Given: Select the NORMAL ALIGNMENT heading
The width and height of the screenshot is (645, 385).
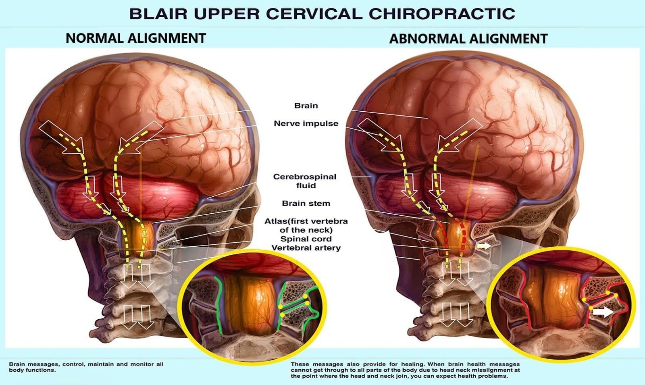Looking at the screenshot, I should tap(136, 38).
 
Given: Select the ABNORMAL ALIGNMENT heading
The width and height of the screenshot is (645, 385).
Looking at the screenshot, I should tap(468, 39).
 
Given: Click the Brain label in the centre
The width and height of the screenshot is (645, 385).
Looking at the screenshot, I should tap(306, 106).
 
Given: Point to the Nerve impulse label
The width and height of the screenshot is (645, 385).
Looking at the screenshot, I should tap(306, 123).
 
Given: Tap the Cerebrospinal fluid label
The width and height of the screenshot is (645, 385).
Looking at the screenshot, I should tap(305, 181).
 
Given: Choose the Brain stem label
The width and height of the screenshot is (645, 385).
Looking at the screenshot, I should tap(306, 203).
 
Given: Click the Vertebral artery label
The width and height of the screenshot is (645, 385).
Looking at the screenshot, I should tap(306, 248).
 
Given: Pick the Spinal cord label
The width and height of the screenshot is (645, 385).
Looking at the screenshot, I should tap(306, 239).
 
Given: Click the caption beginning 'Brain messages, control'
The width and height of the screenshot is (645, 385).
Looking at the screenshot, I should tap(86, 367).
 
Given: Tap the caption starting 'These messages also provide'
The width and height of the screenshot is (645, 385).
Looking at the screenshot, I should tap(405, 370).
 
